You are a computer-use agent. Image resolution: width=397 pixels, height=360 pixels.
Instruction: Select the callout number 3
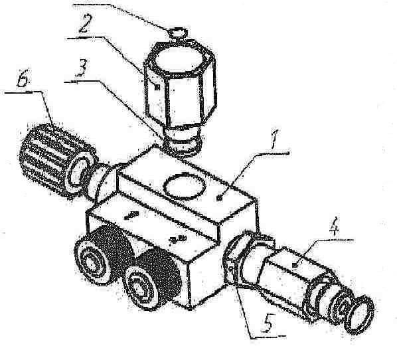pyautogui.click(x=82, y=68)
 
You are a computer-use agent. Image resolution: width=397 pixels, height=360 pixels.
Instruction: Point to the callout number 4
pyautogui.click(x=333, y=227)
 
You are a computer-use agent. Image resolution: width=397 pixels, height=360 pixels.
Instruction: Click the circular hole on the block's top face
pyautogui.click(x=184, y=186)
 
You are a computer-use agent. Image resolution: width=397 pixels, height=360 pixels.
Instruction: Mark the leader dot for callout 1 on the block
pyautogui.click(x=220, y=199)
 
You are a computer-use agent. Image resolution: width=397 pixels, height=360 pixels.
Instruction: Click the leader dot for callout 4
pyautogui.click(x=295, y=265)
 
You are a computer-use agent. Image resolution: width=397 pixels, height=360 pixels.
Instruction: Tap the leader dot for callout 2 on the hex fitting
pyautogui.click(x=157, y=88)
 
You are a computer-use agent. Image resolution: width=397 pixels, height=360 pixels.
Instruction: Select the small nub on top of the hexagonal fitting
pyautogui.click(x=179, y=34)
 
